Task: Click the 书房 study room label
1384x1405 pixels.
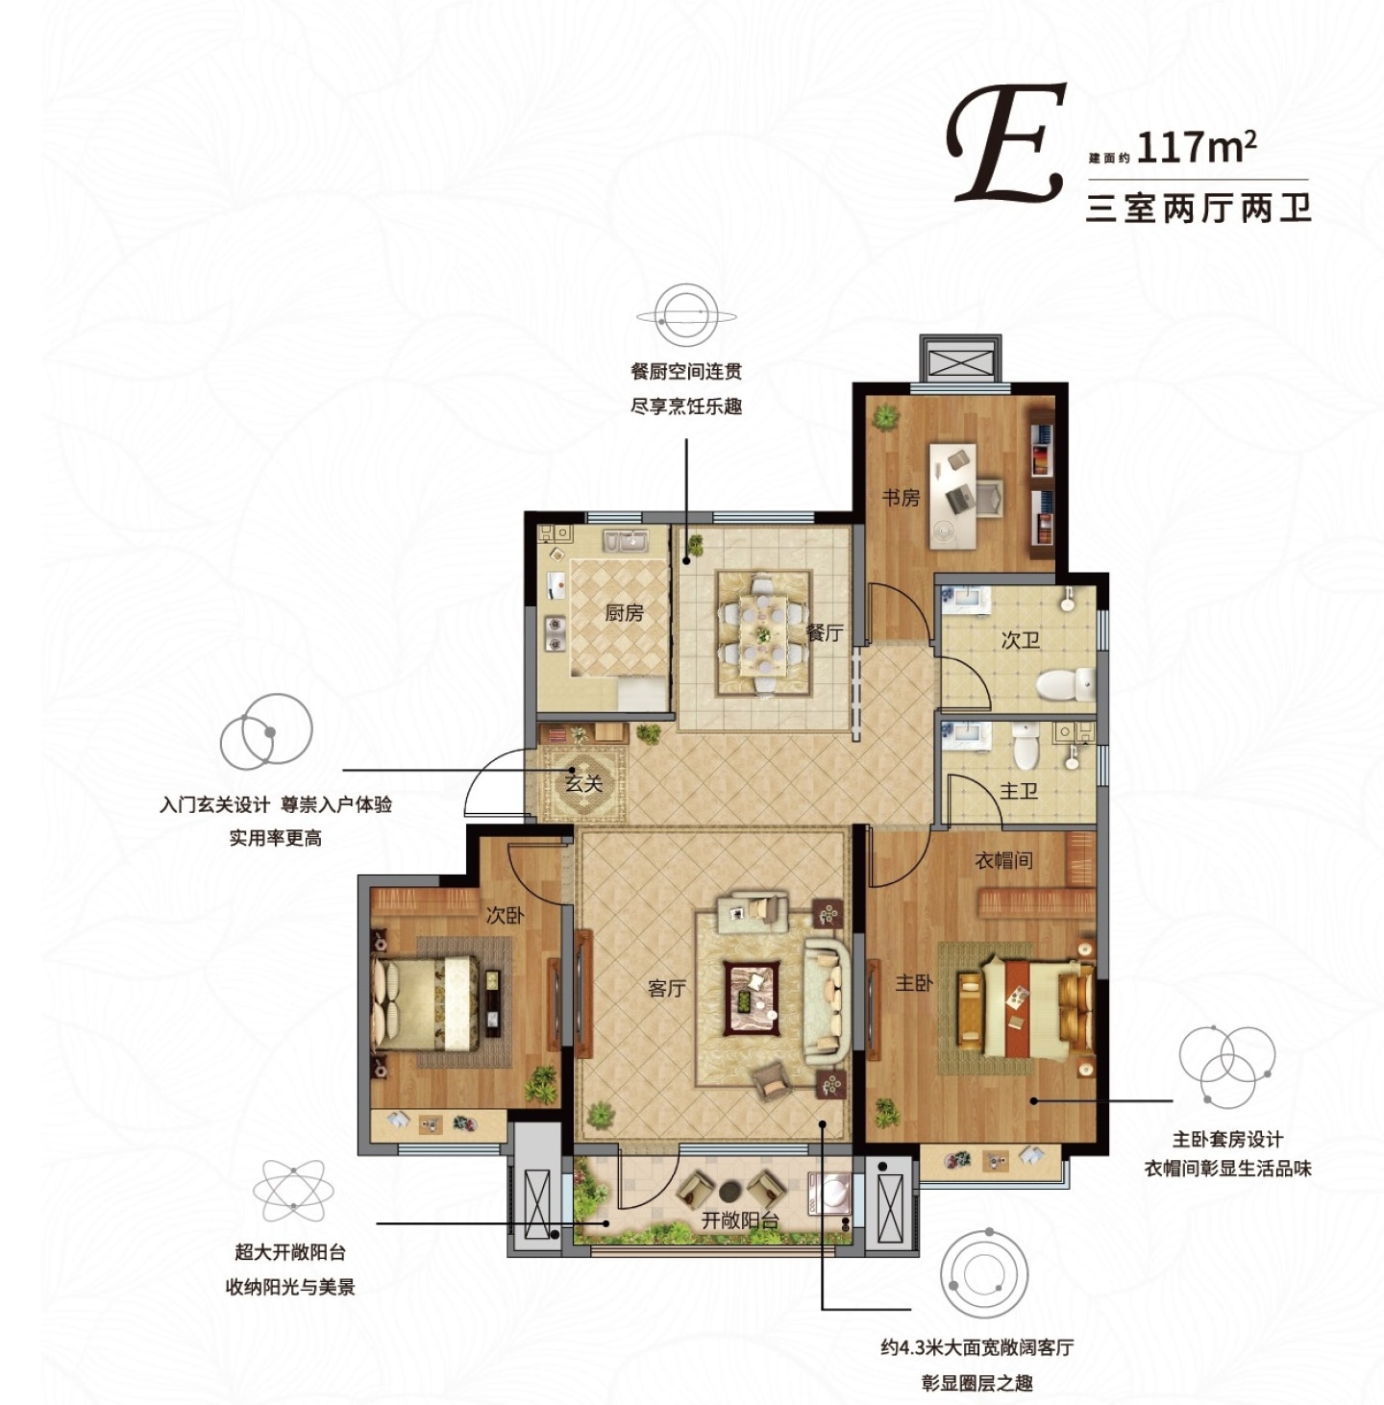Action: pos(901,498)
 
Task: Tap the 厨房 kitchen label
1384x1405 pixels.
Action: pos(624,613)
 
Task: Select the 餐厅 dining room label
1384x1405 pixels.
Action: pos(825,632)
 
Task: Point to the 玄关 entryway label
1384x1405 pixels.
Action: pos(584,784)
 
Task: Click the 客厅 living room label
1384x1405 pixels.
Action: pos(667,988)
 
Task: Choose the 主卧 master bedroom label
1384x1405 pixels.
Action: pos(914,983)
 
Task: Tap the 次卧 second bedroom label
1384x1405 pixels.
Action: pos(506,915)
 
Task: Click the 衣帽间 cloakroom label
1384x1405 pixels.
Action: pos(1004,860)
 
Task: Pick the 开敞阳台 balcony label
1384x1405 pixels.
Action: pos(740,1220)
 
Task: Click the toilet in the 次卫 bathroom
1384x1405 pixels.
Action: pos(1065,685)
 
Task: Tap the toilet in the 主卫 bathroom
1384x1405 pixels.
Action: pos(1026,745)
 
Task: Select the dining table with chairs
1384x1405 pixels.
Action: pos(763,633)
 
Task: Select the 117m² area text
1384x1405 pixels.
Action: pos(1196,147)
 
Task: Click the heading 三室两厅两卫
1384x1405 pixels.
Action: pos(1199,208)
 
